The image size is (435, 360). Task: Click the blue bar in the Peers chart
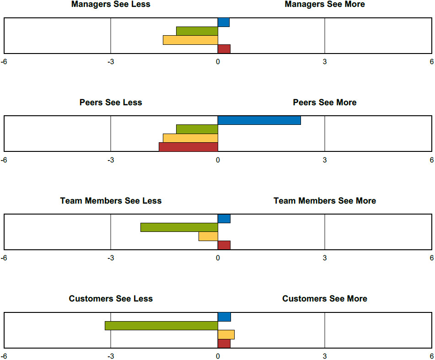click(x=259, y=120)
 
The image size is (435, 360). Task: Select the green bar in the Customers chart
click(x=161, y=326)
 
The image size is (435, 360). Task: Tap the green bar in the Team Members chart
click(x=179, y=227)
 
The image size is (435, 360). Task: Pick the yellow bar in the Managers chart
click(x=190, y=40)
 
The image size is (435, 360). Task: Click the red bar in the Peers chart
click(x=188, y=147)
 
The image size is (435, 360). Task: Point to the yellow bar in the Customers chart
click(x=226, y=334)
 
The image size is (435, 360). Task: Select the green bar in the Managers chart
click(x=197, y=31)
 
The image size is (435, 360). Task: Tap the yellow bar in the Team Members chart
click(x=208, y=236)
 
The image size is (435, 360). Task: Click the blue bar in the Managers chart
click(x=223, y=22)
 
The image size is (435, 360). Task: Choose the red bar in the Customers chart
click(x=224, y=344)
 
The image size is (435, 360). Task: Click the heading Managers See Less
click(x=111, y=5)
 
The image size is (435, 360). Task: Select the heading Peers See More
click(x=324, y=102)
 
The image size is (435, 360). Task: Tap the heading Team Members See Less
click(x=111, y=201)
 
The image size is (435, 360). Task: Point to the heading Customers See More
click(x=324, y=299)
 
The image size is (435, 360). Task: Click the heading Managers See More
click(x=324, y=5)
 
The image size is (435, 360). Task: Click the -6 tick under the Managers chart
click(x=4, y=62)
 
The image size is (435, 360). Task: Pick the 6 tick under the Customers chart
click(x=431, y=356)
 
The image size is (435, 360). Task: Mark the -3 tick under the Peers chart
click(x=111, y=160)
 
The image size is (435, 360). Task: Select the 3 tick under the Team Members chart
click(x=325, y=258)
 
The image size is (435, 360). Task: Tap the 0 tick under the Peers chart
click(x=218, y=160)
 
